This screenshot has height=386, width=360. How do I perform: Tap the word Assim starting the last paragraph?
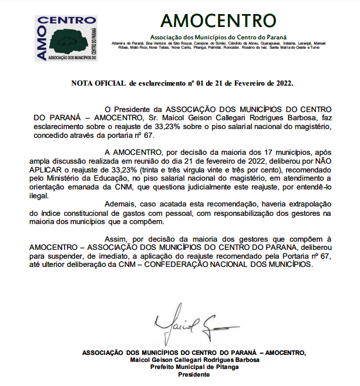coord(116,239)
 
